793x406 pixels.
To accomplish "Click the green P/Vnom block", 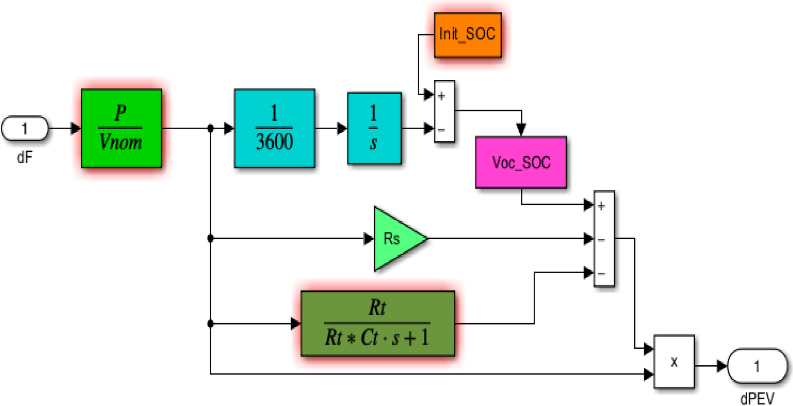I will coord(121,128).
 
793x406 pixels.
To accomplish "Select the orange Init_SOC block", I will coord(467,35).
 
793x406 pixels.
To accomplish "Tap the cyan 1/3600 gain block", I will coord(274,128).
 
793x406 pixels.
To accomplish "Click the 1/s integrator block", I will coord(374,128).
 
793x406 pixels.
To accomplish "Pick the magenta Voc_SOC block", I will coord(521,162).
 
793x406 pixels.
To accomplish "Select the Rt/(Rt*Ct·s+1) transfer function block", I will coord(378,324).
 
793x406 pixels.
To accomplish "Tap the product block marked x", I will coord(674,362).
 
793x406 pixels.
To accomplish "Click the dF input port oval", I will coord(25,128).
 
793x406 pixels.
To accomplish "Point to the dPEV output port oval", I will coord(757,366).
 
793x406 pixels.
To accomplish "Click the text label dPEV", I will coord(757,398).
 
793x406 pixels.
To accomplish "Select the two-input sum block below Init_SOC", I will coord(444,111).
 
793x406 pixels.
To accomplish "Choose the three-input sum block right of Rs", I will coord(604,238).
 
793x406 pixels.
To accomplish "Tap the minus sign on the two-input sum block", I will coord(441,130).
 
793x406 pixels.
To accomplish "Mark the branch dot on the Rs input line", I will coord(210,239).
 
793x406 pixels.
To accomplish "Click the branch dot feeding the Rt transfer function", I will coord(210,324).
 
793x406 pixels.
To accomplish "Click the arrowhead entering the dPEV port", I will coord(721,366).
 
